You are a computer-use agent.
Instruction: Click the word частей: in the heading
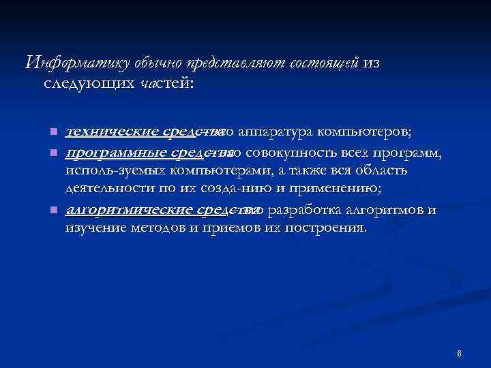click(166, 83)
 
